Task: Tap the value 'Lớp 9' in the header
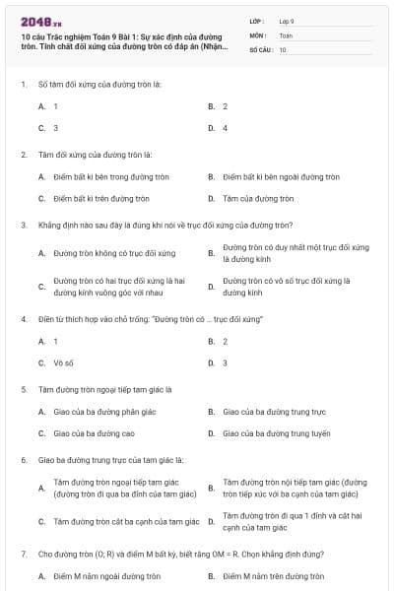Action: pyautogui.click(x=287, y=21)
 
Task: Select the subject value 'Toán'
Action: pyautogui.click(x=286, y=34)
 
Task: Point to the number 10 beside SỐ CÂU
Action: pyautogui.click(x=283, y=48)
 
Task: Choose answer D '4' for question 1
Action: pyautogui.click(x=225, y=127)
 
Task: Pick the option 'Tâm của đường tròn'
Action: pyautogui.click(x=256, y=198)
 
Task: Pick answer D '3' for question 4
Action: pyautogui.click(x=225, y=362)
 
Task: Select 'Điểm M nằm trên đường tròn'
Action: pyautogui.click(x=268, y=576)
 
